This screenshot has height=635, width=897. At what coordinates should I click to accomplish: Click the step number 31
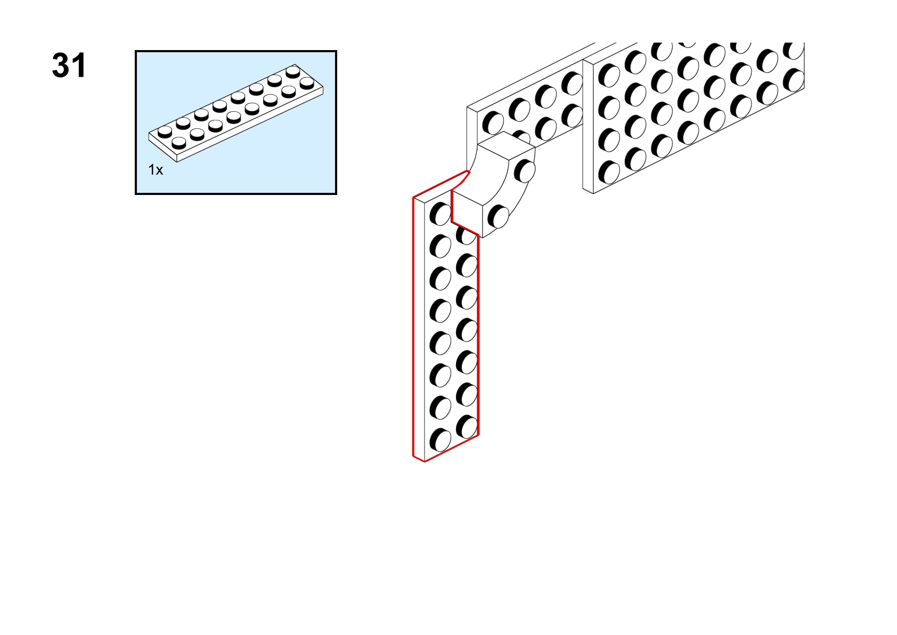pos(69,66)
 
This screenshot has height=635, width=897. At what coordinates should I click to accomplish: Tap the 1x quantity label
pos(156,170)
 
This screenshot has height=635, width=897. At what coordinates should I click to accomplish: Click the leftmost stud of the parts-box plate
pos(165,131)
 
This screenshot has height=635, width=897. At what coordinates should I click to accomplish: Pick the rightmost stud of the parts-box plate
pos(307,83)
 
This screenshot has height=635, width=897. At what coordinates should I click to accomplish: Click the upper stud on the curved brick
pos(525,171)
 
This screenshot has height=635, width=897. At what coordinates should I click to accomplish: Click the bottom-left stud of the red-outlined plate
pos(441,440)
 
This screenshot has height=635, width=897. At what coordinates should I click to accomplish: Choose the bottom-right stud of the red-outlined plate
pos(467,427)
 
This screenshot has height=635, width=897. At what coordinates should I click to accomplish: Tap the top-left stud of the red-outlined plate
pos(441,214)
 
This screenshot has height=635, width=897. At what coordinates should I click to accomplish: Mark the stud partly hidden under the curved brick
pos(465,235)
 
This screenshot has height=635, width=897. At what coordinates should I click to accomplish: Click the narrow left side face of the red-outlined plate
pos(419,328)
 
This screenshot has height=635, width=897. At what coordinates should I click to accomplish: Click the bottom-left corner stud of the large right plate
pos(609,173)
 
